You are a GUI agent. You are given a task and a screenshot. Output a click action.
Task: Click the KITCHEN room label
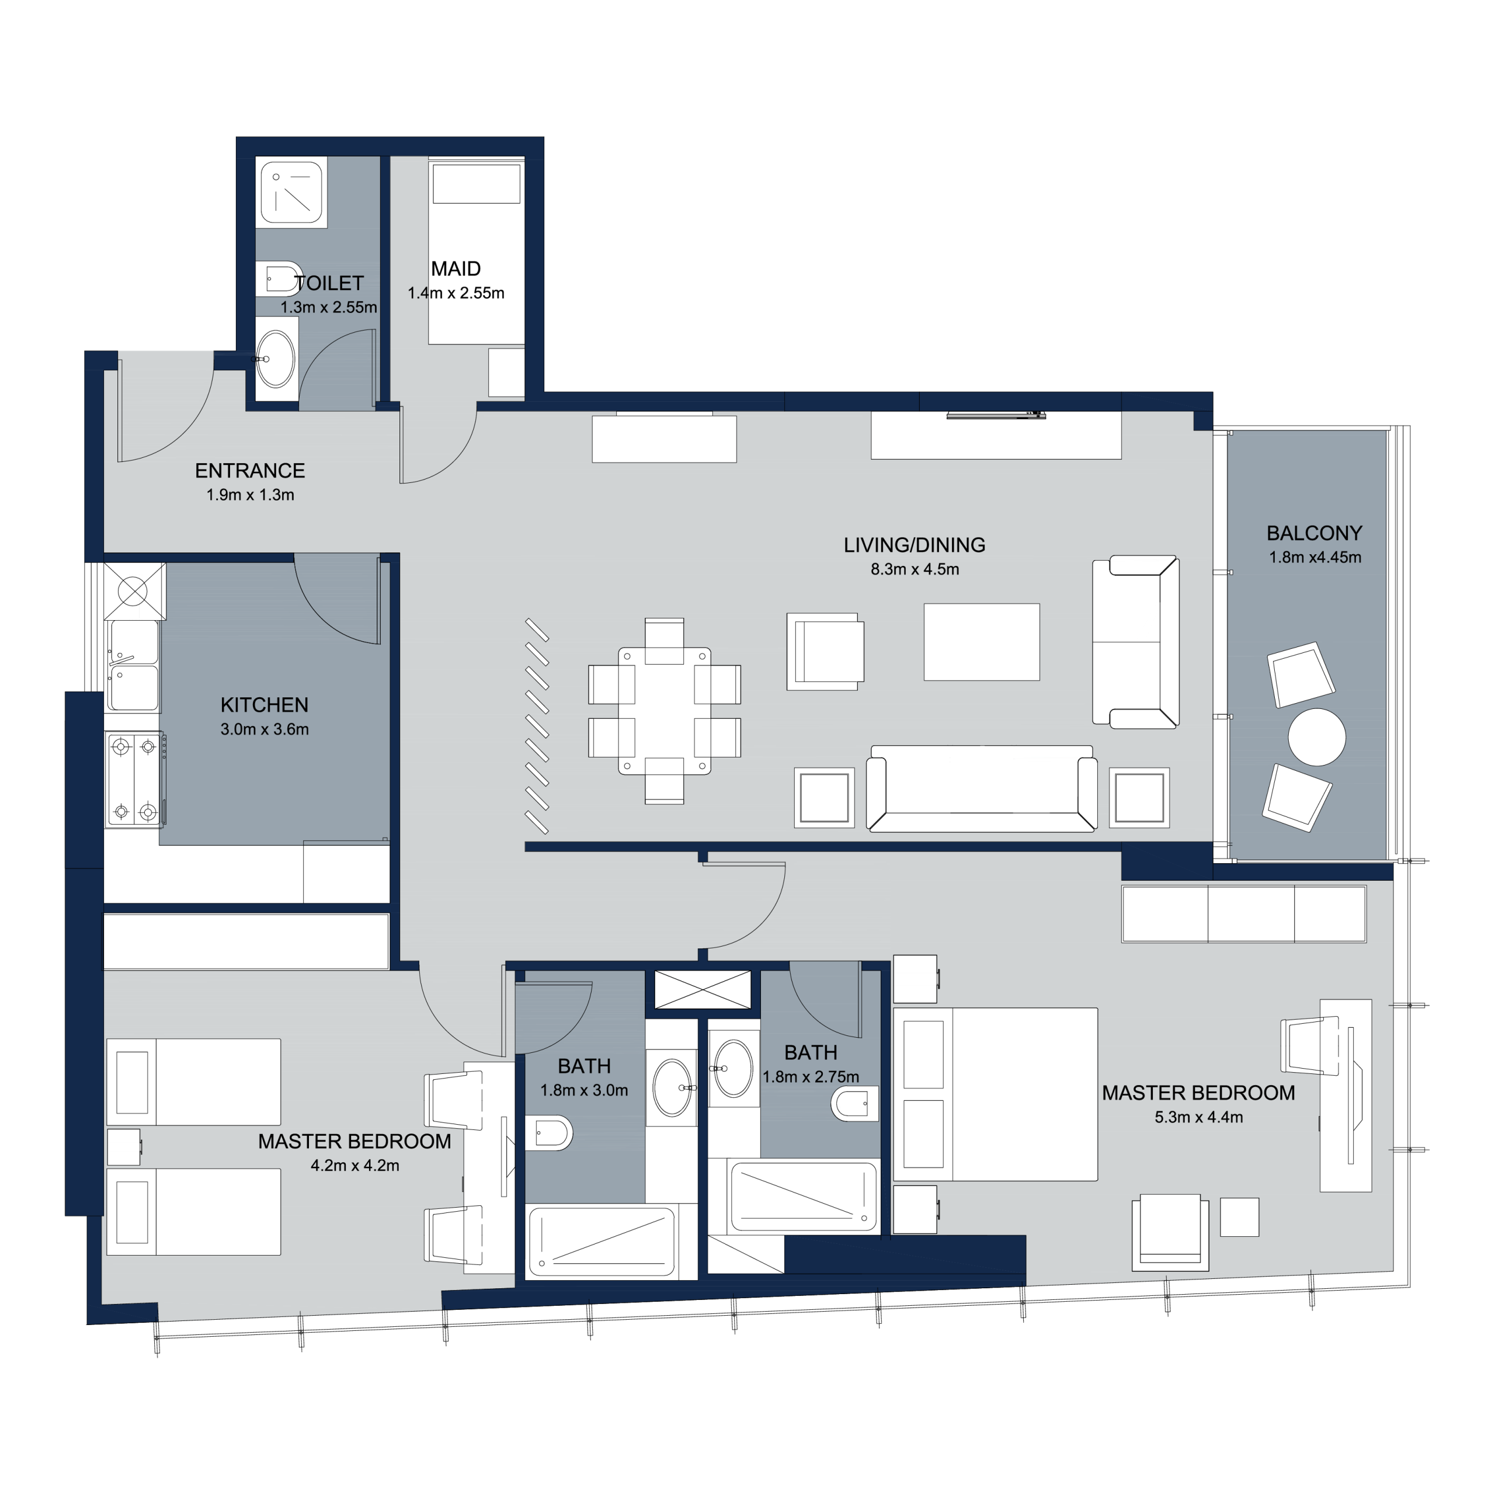click(264, 705)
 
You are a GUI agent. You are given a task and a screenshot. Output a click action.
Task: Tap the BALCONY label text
click(1314, 533)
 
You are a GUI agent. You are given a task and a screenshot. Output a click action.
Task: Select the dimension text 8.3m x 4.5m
click(915, 569)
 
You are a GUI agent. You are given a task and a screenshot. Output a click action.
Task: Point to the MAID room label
click(456, 269)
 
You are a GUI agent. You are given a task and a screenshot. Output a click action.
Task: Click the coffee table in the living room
click(981, 641)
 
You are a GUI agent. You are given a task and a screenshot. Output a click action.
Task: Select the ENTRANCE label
click(250, 471)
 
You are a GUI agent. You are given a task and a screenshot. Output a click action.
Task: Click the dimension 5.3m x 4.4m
click(1199, 1117)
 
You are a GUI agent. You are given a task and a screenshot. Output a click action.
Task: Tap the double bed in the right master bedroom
click(995, 1094)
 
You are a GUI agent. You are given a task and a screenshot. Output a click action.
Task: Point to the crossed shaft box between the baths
click(703, 990)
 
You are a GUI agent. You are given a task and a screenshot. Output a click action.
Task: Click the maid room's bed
click(476, 252)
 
